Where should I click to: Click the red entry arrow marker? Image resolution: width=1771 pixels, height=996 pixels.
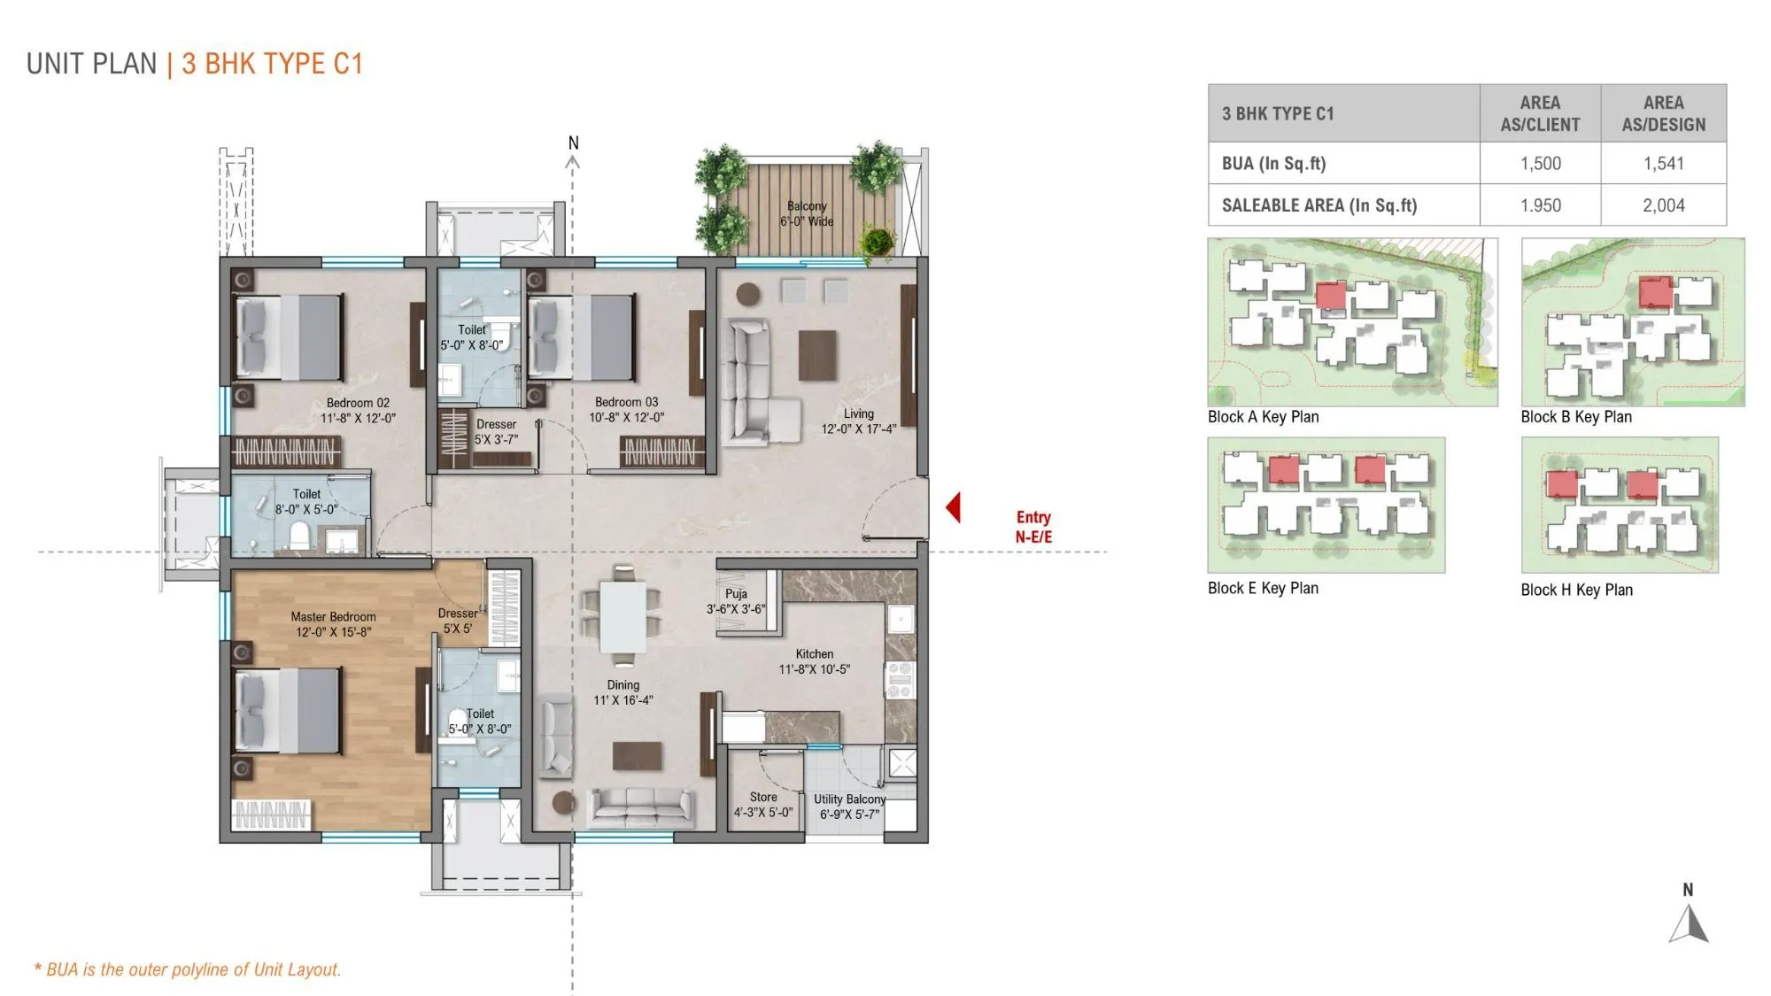point(954,507)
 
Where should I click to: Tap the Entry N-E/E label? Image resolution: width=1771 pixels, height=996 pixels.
point(1033,527)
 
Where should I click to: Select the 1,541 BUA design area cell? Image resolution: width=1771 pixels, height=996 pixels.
point(1663,163)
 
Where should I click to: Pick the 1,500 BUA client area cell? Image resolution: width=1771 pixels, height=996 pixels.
point(1540,163)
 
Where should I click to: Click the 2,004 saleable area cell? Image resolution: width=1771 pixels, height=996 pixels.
point(1663,205)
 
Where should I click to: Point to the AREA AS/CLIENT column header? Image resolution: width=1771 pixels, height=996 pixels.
point(1540,113)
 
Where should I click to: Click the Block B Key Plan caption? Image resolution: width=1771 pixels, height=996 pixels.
point(1576,417)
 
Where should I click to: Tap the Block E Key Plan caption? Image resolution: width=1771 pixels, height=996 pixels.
point(1263,588)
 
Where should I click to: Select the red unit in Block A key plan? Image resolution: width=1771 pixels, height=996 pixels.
point(1330,296)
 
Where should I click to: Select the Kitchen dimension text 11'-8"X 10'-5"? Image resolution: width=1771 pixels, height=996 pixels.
point(814,669)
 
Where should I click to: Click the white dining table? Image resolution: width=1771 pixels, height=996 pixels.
point(623,617)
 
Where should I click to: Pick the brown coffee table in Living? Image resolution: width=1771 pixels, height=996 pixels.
point(817,355)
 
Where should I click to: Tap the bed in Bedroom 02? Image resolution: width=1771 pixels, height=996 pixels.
point(289,337)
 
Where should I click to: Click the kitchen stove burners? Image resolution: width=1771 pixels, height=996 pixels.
point(900,680)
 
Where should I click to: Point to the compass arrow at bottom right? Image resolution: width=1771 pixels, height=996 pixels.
point(1689,924)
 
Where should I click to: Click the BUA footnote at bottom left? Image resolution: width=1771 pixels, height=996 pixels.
point(188,969)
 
